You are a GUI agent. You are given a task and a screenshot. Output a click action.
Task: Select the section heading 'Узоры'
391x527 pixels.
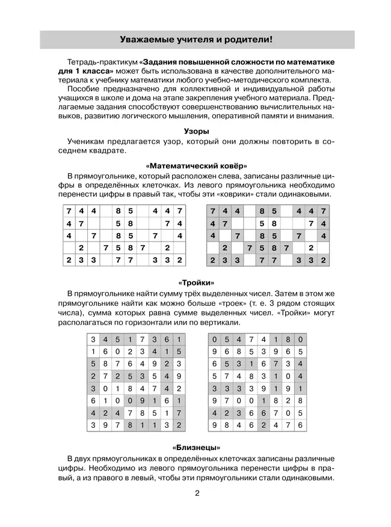(x=196, y=130)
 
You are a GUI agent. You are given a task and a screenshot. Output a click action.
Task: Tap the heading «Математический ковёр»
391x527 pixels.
(x=196, y=165)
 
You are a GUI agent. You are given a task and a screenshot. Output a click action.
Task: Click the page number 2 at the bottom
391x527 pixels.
(x=196, y=495)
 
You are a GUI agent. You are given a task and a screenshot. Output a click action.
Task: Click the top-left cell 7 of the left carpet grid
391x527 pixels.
(x=69, y=212)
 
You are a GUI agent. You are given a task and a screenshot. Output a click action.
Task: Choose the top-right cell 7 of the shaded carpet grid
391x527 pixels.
(x=324, y=212)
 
